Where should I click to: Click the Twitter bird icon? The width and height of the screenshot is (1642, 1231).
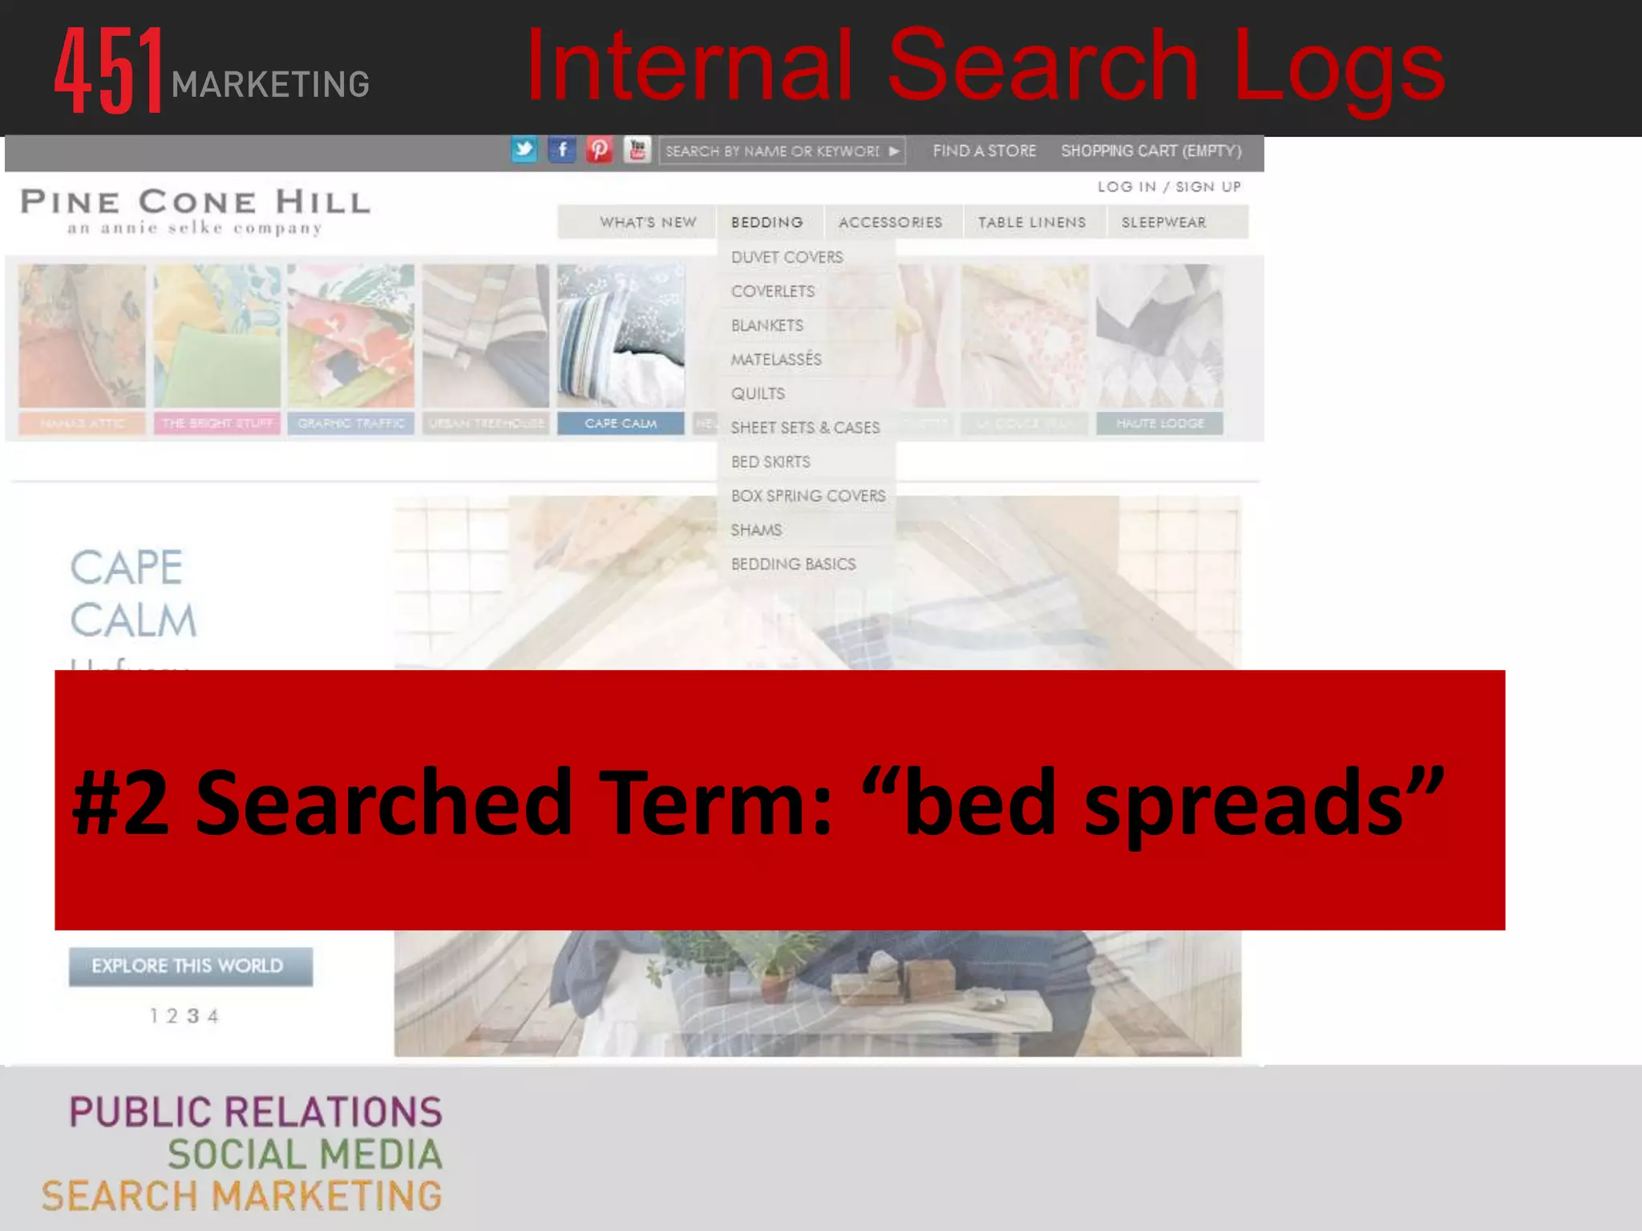point(524,150)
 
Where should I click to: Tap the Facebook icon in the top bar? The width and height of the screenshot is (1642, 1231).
point(562,150)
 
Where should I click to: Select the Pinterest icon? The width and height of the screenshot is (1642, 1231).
point(599,150)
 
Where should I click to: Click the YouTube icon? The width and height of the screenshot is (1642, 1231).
point(637,150)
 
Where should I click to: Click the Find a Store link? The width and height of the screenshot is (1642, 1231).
point(984,151)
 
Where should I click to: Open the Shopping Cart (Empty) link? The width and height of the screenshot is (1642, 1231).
point(1151,151)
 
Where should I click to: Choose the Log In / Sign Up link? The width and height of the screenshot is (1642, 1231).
point(1169,187)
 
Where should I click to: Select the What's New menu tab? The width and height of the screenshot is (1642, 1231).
point(648,222)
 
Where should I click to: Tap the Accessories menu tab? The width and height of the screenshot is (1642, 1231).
point(890,222)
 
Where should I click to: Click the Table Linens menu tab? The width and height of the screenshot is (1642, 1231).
point(1031,222)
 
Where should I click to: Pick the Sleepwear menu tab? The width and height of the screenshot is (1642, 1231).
point(1163,222)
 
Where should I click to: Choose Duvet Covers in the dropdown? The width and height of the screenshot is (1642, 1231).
point(787,257)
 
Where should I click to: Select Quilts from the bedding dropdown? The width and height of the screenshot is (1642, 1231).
point(758,394)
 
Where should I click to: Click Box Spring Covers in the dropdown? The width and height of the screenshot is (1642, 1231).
point(808,496)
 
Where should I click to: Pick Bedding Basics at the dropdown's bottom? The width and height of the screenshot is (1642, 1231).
point(793,564)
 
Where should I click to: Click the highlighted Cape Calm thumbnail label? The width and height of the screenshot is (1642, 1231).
point(621,423)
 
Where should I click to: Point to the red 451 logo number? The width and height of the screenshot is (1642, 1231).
point(110,71)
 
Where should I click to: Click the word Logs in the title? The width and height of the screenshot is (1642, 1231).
point(1338,66)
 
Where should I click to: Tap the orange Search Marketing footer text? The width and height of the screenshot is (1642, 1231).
point(242,1197)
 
